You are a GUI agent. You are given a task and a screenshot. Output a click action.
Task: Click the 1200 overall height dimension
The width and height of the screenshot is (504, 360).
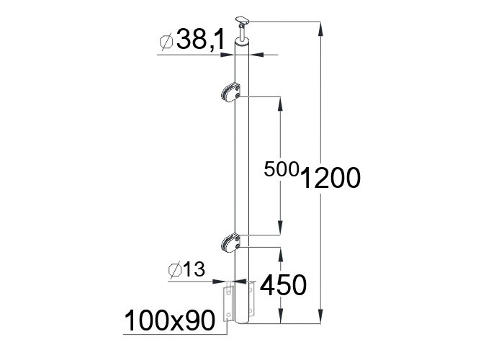[x=330, y=177]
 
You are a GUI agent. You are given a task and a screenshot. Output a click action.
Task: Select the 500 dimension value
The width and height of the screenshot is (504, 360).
[x=281, y=170]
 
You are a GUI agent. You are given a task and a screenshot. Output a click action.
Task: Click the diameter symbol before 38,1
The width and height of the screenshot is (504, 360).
[x=164, y=43]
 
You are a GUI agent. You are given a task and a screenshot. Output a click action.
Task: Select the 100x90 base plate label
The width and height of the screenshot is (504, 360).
[x=170, y=320]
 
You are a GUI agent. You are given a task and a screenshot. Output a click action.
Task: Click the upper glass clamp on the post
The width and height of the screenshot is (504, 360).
[x=229, y=92]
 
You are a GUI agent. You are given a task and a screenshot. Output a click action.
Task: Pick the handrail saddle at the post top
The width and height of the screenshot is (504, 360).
[x=245, y=19]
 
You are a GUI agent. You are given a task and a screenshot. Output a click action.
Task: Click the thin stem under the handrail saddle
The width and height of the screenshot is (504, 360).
[x=246, y=33]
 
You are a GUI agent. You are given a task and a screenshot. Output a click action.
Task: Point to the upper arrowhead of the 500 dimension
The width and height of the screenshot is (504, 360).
[x=280, y=102]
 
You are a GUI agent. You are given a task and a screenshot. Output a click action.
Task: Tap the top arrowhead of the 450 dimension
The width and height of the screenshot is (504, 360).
[x=280, y=253]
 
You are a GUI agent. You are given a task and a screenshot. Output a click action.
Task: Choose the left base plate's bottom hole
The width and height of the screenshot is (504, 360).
[x=228, y=315]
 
